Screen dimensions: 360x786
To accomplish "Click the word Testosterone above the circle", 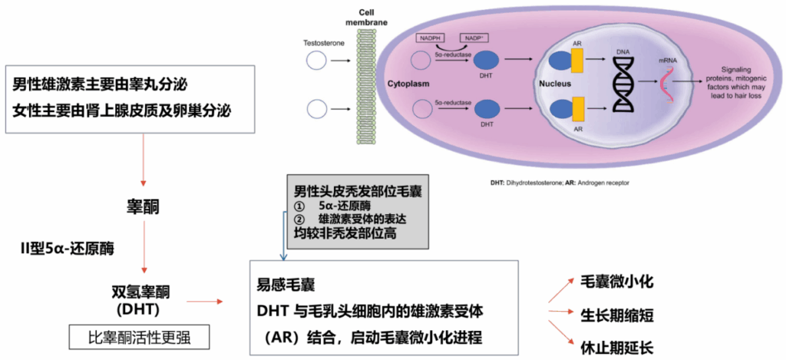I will (x=323, y=43).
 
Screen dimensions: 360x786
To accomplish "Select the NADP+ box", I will (x=473, y=38).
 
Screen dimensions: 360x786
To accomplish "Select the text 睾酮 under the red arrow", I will (x=143, y=207).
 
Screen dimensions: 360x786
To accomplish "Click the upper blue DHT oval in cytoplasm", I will (x=485, y=61).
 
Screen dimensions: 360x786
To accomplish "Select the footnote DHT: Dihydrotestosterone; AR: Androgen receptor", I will (x=560, y=183).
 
